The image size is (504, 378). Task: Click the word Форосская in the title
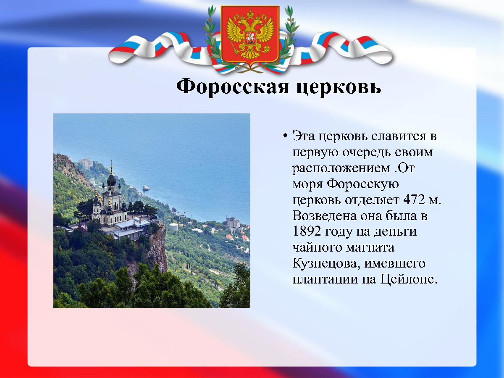(x=232, y=87)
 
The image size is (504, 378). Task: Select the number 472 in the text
(x=414, y=199)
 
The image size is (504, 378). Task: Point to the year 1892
(x=307, y=231)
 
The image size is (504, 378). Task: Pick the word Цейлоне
(x=409, y=280)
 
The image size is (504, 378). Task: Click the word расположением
(x=341, y=169)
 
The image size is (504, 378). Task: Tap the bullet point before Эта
(x=285, y=136)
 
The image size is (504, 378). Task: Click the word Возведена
(x=324, y=215)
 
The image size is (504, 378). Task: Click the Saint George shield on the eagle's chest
(x=250, y=38)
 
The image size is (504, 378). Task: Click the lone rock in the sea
(x=146, y=188)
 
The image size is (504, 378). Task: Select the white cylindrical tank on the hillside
(x=173, y=227)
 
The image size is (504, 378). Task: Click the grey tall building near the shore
(x=233, y=223)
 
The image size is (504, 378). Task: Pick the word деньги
(x=395, y=232)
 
